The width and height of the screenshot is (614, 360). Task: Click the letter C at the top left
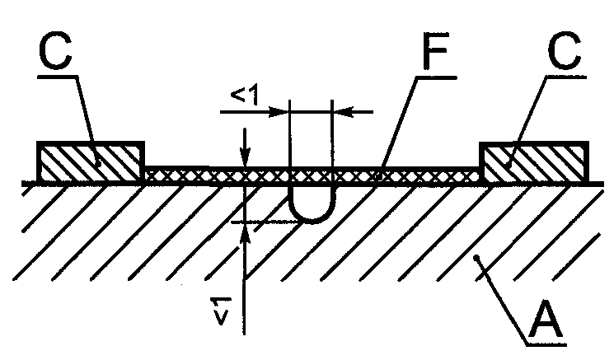[55, 51]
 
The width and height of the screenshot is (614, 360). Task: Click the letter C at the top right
[565, 50]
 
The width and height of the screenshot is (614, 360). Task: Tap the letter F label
[435, 51]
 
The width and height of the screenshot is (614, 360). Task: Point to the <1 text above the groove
[245, 95]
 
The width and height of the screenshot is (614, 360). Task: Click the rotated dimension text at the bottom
[220, 311]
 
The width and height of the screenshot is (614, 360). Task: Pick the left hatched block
[91, 161]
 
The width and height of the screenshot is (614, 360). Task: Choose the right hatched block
[534, 161]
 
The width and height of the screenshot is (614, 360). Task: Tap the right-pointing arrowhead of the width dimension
[279, 112]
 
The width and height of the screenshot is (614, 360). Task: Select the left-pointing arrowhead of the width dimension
[343, 112]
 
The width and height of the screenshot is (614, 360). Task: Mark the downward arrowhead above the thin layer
[245, 157]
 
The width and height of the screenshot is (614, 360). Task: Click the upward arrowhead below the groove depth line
[245, 234]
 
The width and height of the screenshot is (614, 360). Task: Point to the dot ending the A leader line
[476, 258]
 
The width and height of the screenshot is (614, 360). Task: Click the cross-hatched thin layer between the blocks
[312, 175]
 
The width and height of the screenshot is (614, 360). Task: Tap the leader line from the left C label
[88, 121]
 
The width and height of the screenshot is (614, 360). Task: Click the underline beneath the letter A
[546, 344]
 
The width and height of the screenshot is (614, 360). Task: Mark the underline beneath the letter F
[438, 77]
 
